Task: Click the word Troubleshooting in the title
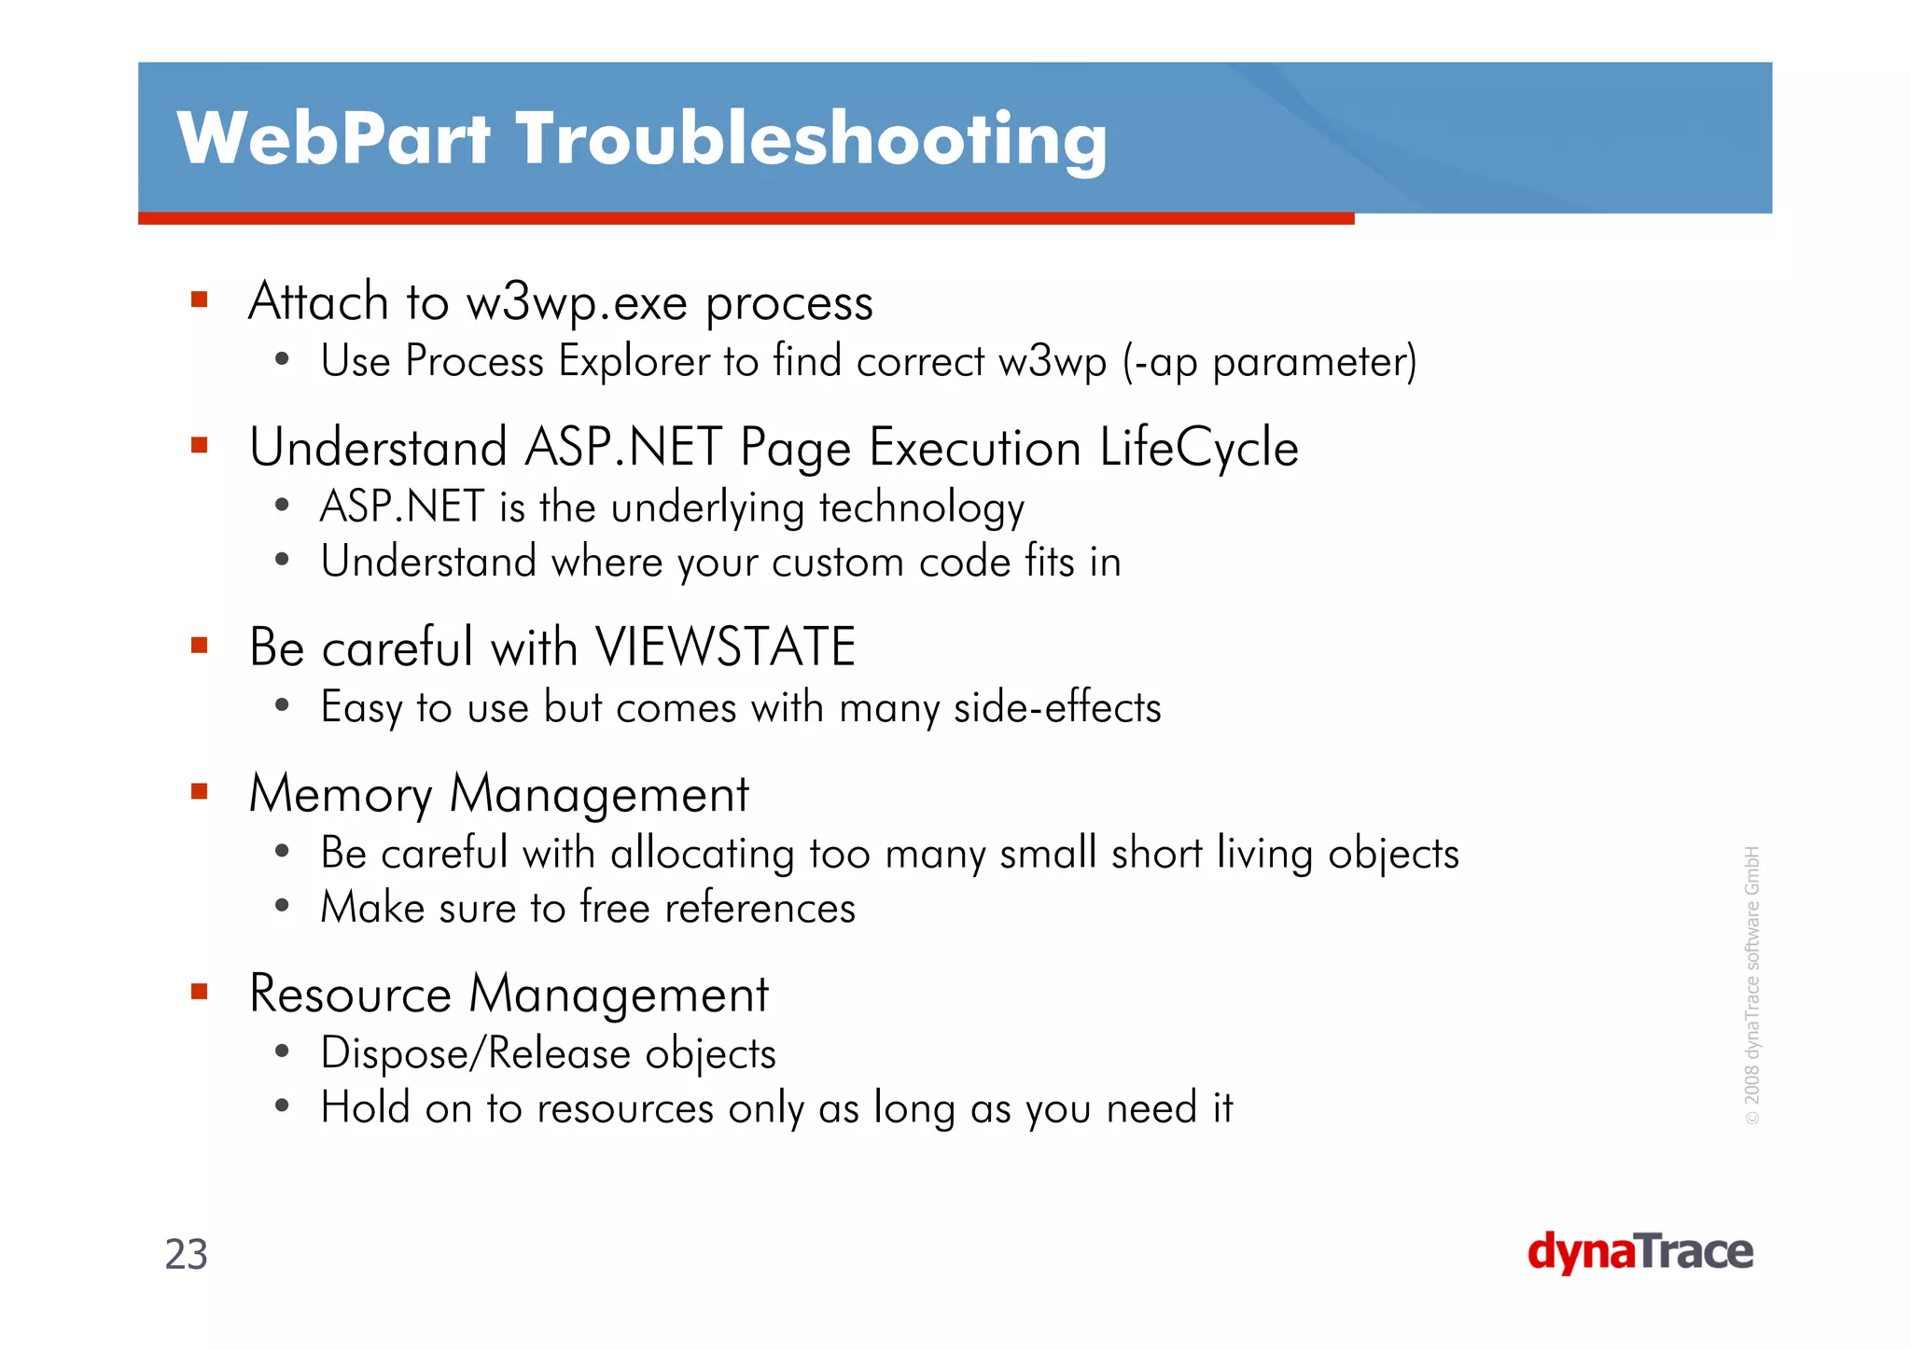pos(811,140)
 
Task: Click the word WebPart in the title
pos(333,140)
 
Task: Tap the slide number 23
pos(186,1255)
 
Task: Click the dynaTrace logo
pos(1639,1252)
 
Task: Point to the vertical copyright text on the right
pos(1751,984)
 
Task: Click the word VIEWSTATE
pos(725,647)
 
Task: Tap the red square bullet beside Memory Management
pos(199,792)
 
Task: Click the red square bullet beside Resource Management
pos(199,991)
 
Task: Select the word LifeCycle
pos(1198,448)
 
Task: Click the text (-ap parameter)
pos(1269,362)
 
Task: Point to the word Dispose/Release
pos(475,1054)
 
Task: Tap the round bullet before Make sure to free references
pos(282,906)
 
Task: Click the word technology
pos(921,509)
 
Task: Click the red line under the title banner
pos(746,218)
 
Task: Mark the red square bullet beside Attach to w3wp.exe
pos(199,299)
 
